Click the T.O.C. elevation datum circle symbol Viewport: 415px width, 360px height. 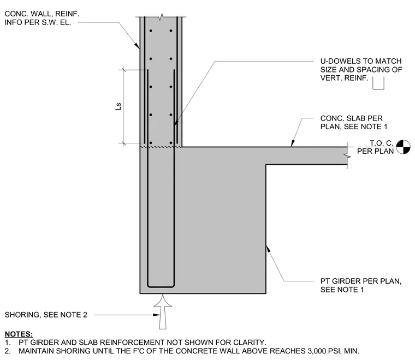tap(403, 147)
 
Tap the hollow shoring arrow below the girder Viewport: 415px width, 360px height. tap(163, 311)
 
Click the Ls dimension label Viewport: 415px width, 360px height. tap(118, 106)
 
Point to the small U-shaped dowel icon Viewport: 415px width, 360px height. tap(378, 83)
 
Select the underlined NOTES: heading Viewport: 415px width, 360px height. tap(19, 334)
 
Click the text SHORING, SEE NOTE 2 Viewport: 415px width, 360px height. tap(46, 315)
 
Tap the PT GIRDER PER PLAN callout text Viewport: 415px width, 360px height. tap(361, 285)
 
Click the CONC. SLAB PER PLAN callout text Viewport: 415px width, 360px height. tap(354, 122)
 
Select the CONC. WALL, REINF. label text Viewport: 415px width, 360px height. tap(42, 14)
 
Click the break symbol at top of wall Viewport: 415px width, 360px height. tap(161, 17)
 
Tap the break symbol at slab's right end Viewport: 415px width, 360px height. tap(347, 156)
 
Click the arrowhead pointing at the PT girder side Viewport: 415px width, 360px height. tap(268, 249)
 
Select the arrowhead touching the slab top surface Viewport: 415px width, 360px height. tap(293, 143)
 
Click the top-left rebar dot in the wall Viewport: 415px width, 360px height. tap(151, 31)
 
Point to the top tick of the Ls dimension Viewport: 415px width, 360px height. tap(123, 70)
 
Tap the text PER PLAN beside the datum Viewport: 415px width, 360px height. tap(375, 151)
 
